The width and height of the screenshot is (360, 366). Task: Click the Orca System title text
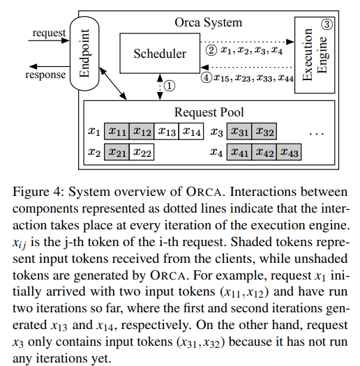(x=209, y=22)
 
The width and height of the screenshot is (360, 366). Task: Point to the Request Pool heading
(x=209, y=112)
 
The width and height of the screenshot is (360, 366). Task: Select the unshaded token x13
(x=167, y=131)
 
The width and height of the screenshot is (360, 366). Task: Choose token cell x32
(x=264, y=131)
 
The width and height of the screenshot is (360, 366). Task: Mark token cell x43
(x=290, y=151)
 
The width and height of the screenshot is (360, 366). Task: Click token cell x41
(x=239, y=151)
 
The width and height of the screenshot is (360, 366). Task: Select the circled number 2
(x=210, y=49)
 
